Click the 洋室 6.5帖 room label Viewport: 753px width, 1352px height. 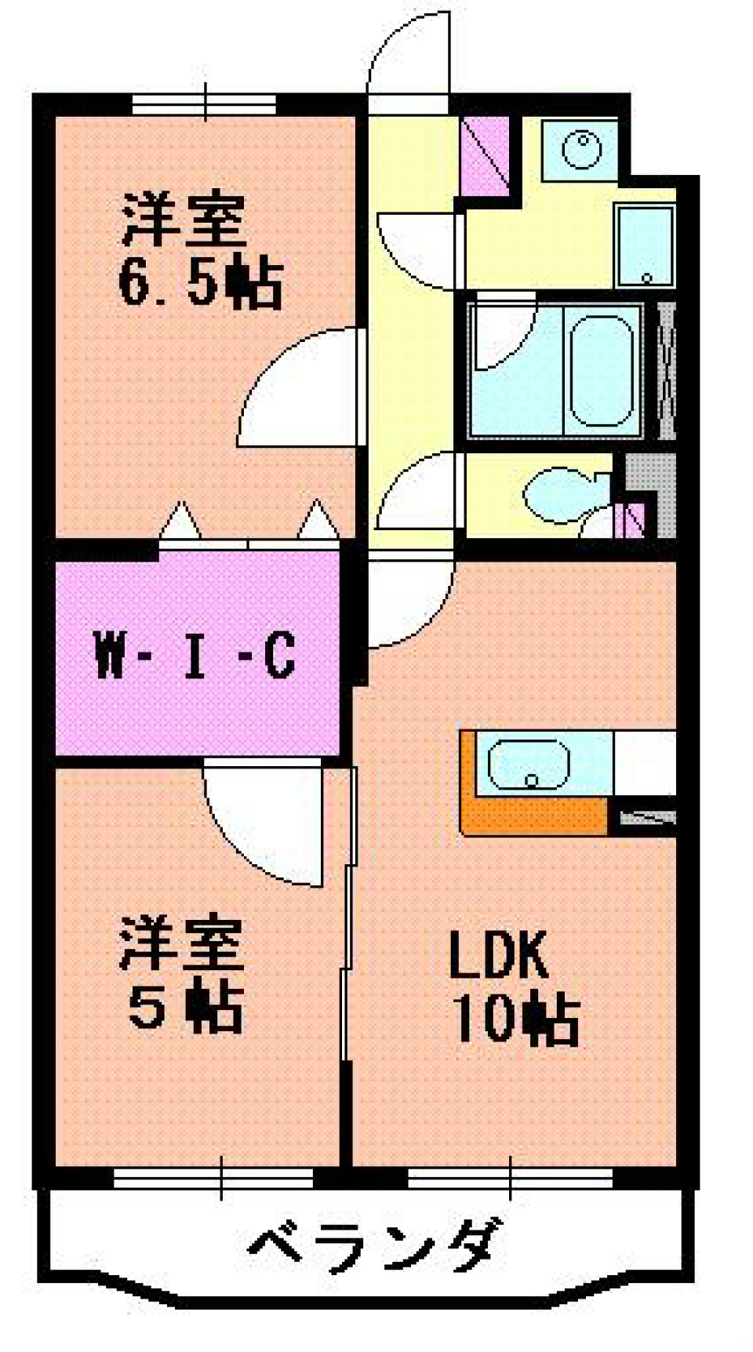(x=200, y=251)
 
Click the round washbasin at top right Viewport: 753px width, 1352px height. (x=581, y=148)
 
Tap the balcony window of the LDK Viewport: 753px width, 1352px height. (x=510, y=1178)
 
